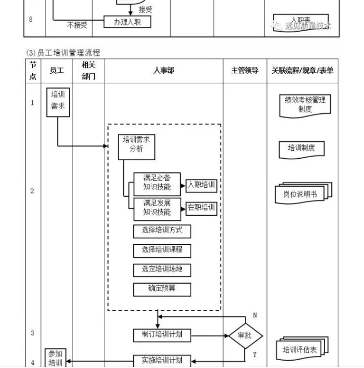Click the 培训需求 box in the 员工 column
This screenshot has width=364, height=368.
coord(58,102)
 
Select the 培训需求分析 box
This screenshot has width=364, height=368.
coord(136,146)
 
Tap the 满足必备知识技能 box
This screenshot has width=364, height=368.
coord(157,183)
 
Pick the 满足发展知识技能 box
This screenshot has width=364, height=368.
coord(157,208)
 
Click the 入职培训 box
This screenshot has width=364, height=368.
coord(202,186)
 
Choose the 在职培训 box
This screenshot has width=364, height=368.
coord(202,208)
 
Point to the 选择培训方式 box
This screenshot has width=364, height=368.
coord(162,231)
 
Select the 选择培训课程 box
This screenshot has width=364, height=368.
coord(162,250)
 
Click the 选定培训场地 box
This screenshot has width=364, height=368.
coord(162,270)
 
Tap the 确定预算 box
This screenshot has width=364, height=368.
coord(162,289)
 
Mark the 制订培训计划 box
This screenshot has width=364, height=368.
coord(162,335)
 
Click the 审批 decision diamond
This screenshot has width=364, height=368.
coord(245,335)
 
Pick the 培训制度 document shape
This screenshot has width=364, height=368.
coord(301,149)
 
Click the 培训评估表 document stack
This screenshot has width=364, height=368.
coord(301,349)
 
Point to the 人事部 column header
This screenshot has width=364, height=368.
coord(163,71)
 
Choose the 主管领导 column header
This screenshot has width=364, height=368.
coord(245,71)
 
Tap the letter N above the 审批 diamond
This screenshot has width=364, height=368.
coord(255,315)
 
